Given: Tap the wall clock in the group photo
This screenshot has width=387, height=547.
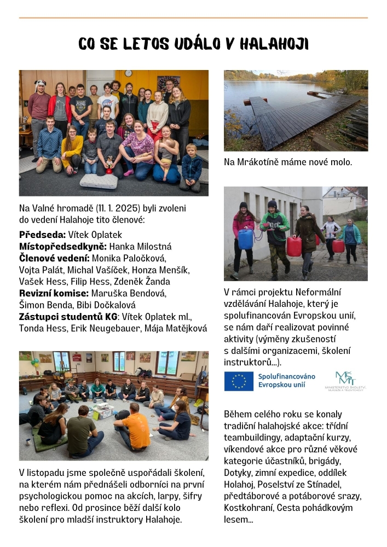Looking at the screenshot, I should coord(128,73).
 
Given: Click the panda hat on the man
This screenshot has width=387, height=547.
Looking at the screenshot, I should coord(40,85).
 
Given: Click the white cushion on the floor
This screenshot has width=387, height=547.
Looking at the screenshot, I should coord(99,181).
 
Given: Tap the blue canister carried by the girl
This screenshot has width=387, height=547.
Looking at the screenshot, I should coord(245,239).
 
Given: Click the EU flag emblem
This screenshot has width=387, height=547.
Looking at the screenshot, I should coord(239,381).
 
